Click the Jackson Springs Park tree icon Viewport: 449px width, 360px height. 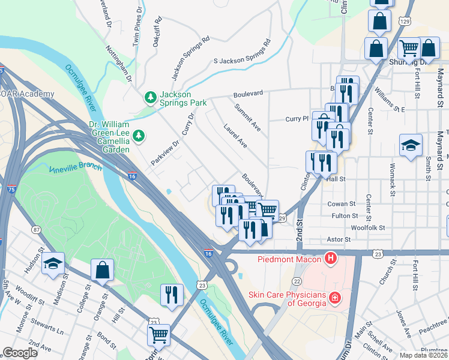click(149, 97)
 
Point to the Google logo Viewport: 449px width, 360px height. click(20, 353)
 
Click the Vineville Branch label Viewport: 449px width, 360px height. click(76, 166)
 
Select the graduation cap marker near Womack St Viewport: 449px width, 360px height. click(411, 146)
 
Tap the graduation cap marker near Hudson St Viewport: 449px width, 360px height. click(53, 263)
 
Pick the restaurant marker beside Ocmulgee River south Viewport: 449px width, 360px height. click(172, 295)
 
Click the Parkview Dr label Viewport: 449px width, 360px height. click(165, 153)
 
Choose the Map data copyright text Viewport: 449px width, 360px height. click(423, 355)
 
